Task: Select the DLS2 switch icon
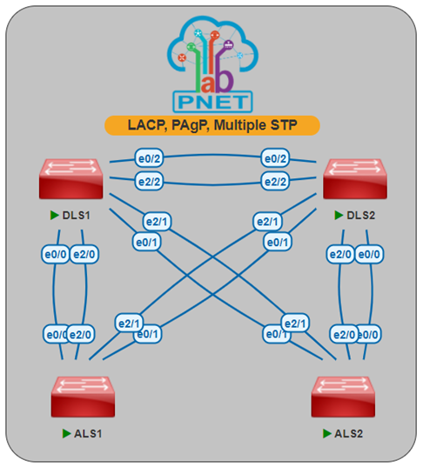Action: (x=354, y=179)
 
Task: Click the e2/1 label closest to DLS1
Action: (x=158, y=222)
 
